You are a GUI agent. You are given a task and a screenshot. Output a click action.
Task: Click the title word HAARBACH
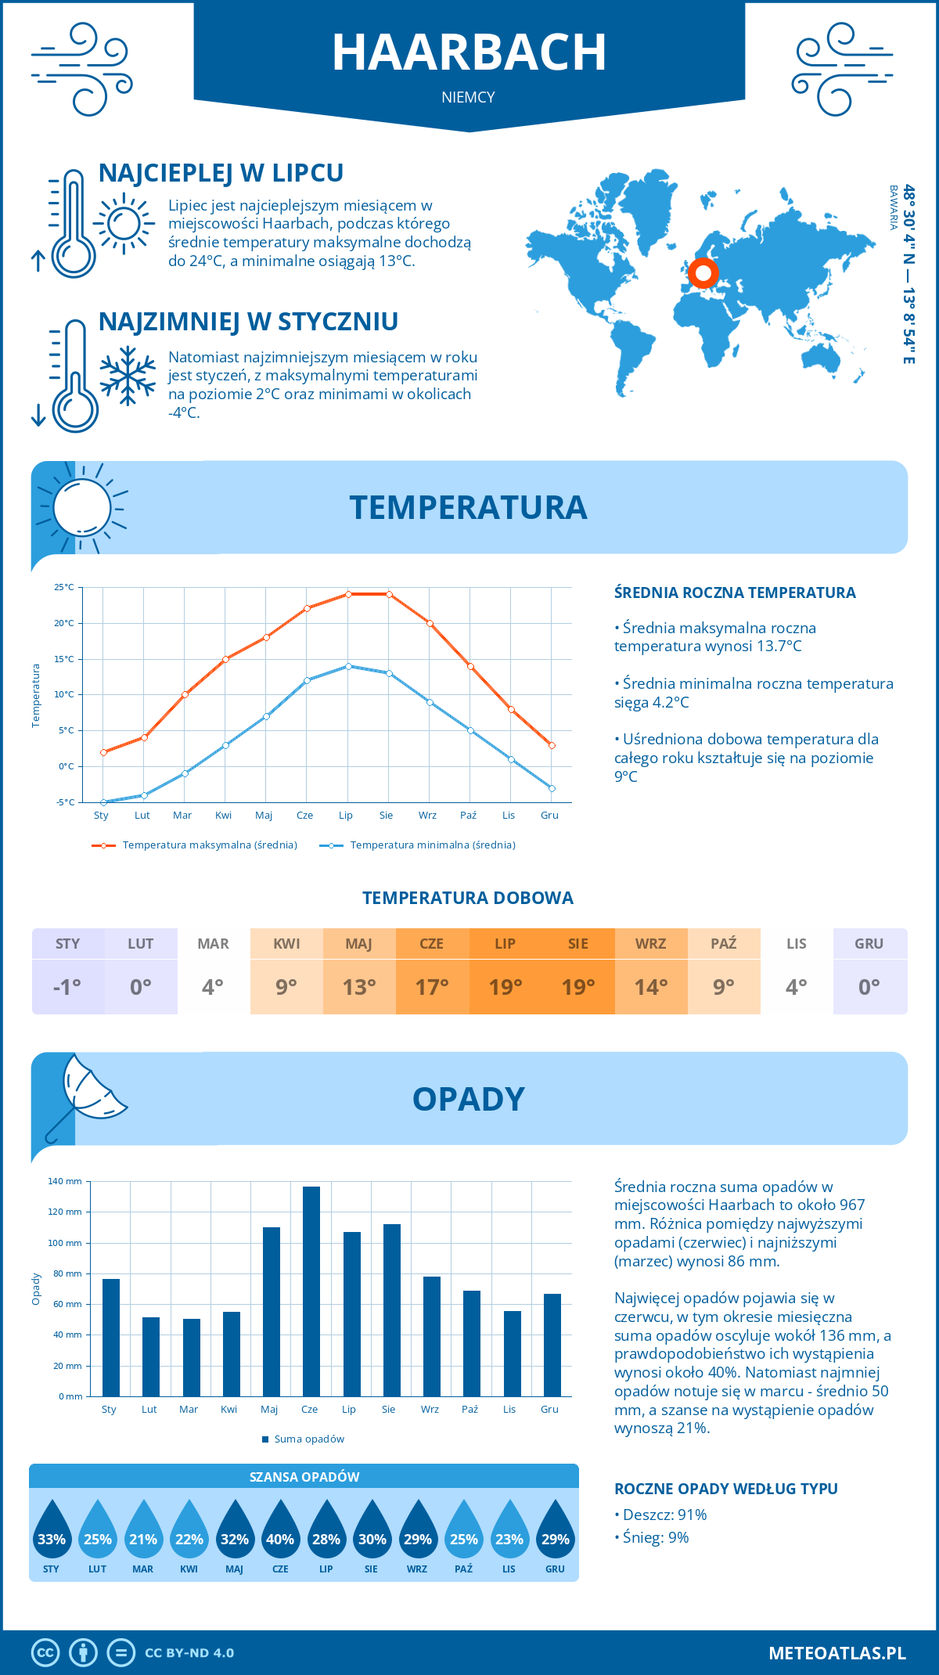469,53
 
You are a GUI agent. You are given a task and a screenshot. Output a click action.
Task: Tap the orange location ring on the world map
703,273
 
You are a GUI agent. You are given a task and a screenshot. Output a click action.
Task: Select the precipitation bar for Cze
311,1291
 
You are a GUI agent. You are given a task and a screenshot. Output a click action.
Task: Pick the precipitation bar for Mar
191,1357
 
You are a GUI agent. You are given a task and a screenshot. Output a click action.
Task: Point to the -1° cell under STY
67,987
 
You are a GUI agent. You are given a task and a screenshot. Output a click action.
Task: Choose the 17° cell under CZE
432,987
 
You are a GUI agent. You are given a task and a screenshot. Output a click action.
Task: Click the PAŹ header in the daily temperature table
724,944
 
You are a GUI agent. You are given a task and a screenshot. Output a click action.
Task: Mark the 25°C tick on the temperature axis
64,587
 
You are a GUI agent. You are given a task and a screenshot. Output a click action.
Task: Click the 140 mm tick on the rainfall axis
65,1181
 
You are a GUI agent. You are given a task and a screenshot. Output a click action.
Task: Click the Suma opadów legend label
309,1439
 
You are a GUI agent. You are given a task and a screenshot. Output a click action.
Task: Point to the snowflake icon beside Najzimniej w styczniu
128,376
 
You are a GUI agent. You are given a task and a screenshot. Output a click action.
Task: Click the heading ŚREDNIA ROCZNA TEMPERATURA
735,593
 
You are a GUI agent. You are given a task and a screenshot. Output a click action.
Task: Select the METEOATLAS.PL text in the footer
837,1653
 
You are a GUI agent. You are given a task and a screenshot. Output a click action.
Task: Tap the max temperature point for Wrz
430,624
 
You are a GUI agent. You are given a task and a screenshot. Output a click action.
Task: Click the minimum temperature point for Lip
348,666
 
